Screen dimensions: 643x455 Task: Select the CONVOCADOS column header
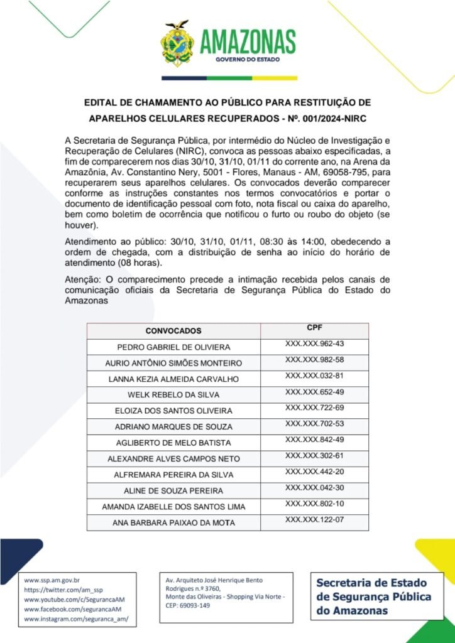pyautogui.click(x=173, y=330)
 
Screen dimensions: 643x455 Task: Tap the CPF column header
pyautogui.click(x=315, y=328)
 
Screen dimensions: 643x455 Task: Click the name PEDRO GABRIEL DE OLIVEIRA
pyautogui.click(x=173, y=347)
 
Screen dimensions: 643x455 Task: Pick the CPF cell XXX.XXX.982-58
pyautogui.click(x=315, y=360)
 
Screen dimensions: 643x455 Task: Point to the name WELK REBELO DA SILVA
pyautogui.click(x=173, y=395)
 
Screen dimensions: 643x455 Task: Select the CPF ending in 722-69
pyautogui.click(x=315, y=408)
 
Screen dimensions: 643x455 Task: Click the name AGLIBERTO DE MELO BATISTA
pyautogui.click(x=173, y=443)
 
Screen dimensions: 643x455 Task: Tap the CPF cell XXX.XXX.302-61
pyautogui.click(x=315, y=455)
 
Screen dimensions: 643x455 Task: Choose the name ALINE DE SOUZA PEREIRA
pyautogui.click(x=173, y=490)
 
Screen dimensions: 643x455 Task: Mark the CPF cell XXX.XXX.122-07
pyautogui.click(x=315, y=520)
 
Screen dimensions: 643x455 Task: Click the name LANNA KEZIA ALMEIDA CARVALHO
pyautogui.click(x=173, y=379)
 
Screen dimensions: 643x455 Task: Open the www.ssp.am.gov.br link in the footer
pyautogui.click(x=52, y=580)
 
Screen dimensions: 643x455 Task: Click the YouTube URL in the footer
pyautogui.click(x=73, y=600)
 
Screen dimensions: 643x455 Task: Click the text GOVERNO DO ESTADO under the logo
pyautogui.click(x=248, y=60)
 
